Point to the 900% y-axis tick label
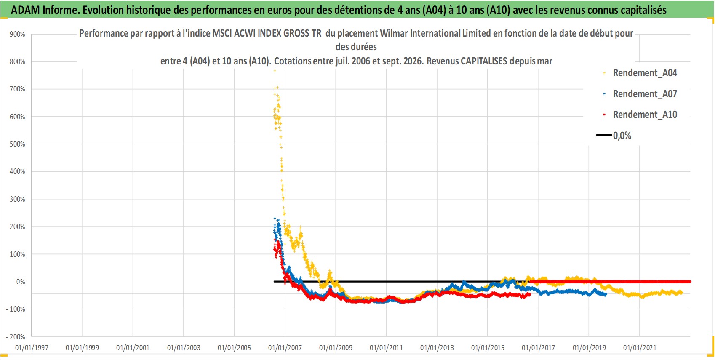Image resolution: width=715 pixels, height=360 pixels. (17, 34)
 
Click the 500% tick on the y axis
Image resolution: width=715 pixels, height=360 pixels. (17, 144)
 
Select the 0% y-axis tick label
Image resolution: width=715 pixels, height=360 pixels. (21, 282)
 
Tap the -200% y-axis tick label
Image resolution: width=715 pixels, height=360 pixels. (16, 337)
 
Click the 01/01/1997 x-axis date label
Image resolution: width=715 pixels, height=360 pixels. (32, 347)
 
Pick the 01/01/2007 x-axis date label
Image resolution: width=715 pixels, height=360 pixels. (285, 347)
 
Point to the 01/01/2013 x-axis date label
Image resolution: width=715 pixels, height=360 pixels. (437, 347)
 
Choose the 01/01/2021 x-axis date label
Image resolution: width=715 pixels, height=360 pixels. (640, 347)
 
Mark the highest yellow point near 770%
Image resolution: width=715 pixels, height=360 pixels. (275, 71)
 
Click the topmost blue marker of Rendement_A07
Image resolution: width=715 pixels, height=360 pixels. (275, 218)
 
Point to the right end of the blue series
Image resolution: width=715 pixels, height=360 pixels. (606, 295)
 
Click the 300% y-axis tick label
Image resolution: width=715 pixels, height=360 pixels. (17, 199)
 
